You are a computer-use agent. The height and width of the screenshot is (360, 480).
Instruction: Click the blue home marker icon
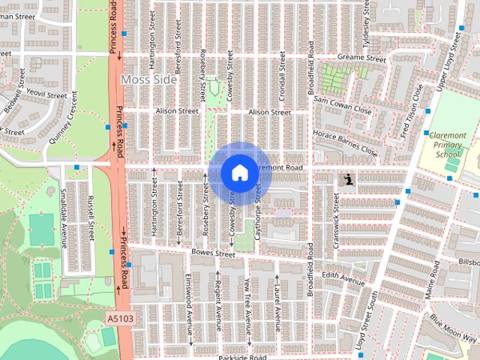click(238, 172)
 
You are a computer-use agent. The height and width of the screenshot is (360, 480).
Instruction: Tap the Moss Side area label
click(149, 79)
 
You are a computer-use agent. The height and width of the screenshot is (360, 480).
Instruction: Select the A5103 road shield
click(120, 319)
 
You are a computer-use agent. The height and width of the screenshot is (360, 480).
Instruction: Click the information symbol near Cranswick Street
click(348, 179)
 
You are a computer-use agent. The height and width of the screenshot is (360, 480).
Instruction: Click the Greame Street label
click(361, 58)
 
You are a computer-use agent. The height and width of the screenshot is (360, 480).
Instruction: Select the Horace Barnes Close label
click(346, 142)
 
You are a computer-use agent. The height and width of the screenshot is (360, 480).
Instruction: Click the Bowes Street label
click(214, 254)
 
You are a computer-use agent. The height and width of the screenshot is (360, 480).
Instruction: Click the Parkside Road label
click(242, 357)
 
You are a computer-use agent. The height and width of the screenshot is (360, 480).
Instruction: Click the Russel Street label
click(90, 215)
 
